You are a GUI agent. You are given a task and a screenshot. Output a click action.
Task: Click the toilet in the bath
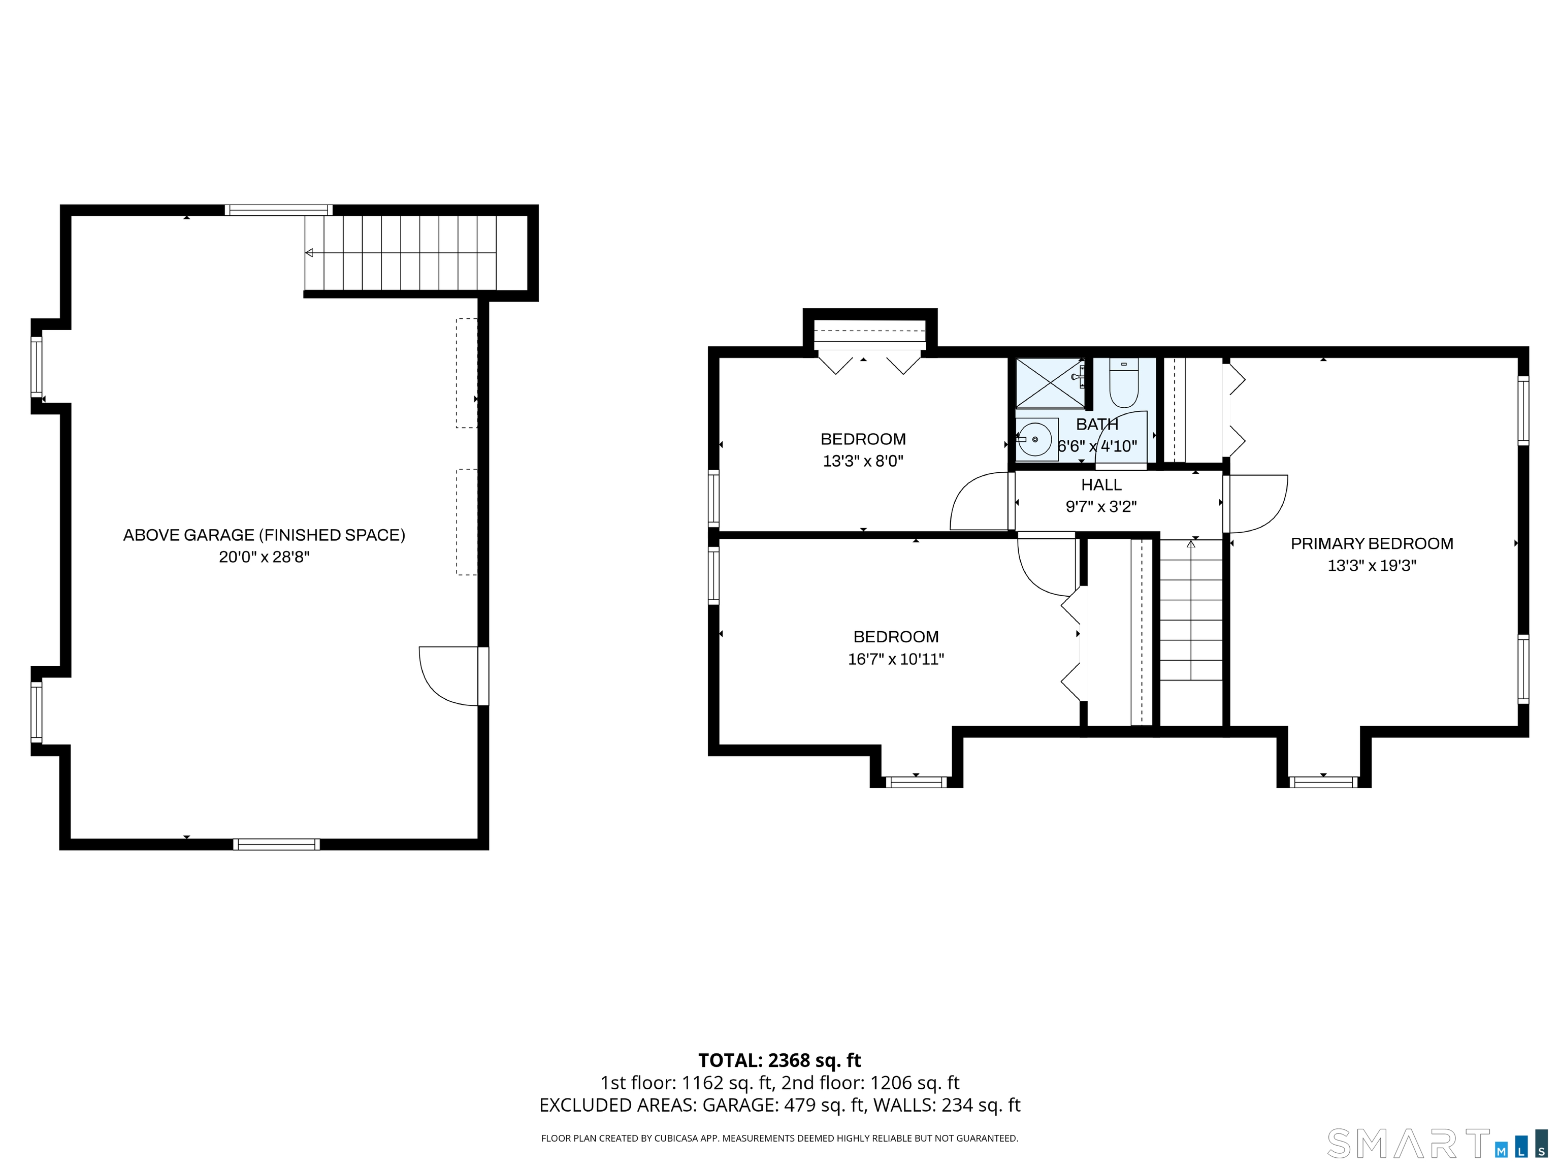1123,384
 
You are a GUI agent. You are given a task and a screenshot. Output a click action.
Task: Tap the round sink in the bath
1035,439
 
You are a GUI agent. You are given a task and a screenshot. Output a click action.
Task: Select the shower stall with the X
1050,383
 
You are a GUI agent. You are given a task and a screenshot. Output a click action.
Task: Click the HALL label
1101,484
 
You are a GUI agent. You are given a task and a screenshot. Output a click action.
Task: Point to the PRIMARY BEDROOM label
1371,543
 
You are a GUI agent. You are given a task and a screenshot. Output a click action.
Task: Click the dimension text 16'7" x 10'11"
896,659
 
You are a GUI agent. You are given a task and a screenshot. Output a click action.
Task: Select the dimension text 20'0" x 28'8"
264,557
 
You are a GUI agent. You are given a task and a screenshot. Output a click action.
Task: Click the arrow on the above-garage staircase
309,252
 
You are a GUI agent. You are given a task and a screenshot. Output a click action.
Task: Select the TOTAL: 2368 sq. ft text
779,1060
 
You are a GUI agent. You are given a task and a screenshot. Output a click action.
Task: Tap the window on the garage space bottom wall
276,844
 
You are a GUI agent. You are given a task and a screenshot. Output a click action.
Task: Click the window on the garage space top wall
279,209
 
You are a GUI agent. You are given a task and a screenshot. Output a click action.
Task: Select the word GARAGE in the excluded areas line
738,1104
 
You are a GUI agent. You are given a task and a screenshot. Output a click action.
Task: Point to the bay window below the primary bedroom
1323,782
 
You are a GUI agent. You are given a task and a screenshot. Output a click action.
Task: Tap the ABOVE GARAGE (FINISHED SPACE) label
264,535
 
